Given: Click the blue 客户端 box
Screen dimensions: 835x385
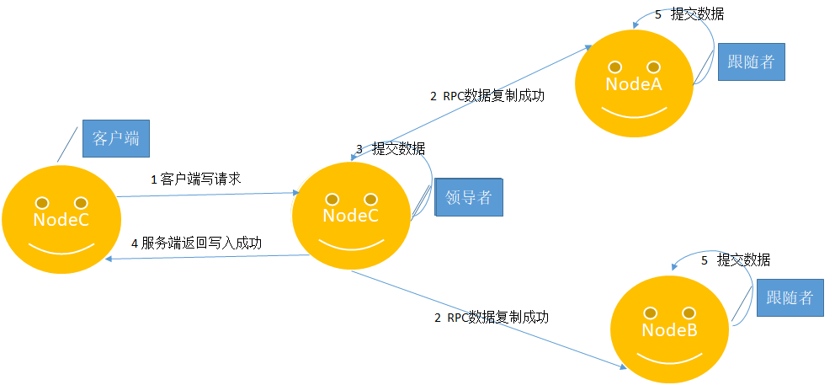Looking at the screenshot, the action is (x=116, y=139).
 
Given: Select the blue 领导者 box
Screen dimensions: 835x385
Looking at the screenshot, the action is (x=469, y=197).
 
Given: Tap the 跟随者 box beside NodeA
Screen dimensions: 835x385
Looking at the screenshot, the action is (x=752, y=61).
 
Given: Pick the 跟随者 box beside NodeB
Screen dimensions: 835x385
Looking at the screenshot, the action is (x=790, y=297).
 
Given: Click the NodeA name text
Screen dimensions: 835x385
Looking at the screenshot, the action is (x=634, y=83).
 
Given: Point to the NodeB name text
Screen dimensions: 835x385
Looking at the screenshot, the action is (x=669, y=330).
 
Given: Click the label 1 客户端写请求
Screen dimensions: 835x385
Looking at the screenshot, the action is (x=196, y=179).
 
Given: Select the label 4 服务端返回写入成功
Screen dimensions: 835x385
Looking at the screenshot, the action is (x=196, y=243).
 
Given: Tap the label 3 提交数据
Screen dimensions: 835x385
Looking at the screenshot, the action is (x=391, y=148).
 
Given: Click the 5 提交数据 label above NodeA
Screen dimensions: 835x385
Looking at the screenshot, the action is (x=689, y=14).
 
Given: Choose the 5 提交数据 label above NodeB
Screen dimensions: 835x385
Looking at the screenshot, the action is (x=736, y=260).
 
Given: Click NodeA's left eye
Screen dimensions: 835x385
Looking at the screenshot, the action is (x=615, y=67).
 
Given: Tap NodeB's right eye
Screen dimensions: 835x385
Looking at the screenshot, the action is (x=689, y=313).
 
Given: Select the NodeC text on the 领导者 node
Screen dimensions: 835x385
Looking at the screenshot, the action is (x=350, y=216).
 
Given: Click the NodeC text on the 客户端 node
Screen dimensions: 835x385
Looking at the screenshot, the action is (x=61, y=219).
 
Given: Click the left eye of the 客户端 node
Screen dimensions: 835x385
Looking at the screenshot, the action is (x=42, y=203).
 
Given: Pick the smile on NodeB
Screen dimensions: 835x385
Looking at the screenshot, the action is (x=669, y=358).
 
